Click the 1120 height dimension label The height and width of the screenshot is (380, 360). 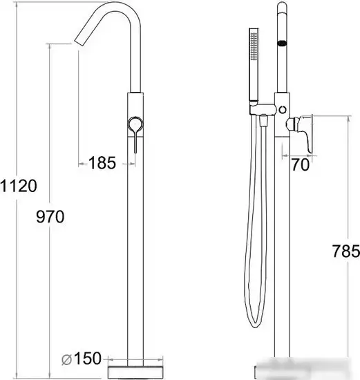19,186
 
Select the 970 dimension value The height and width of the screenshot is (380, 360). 50,216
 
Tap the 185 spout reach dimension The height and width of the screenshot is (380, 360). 102,162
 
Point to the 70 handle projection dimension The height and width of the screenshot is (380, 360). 300,164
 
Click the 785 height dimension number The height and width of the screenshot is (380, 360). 345,251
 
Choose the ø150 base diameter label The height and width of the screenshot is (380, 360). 82,359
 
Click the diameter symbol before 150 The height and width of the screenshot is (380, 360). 66,360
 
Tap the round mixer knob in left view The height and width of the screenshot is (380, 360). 135,124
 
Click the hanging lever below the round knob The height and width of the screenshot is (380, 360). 135,142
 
